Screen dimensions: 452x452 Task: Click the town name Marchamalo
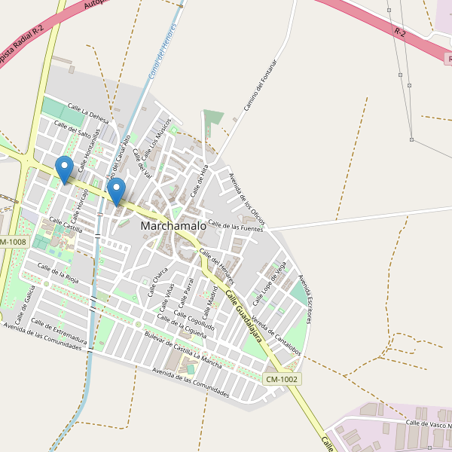coord(173,225)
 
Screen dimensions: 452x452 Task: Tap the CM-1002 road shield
coord(282,379)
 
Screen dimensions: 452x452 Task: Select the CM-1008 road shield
coord(13,242)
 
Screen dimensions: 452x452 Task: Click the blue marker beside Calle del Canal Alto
coord(116,190)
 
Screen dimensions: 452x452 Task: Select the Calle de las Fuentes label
coord(235,224)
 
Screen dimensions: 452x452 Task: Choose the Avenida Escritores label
coord(304,299)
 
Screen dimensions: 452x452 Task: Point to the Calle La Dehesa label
coord(88,113)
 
